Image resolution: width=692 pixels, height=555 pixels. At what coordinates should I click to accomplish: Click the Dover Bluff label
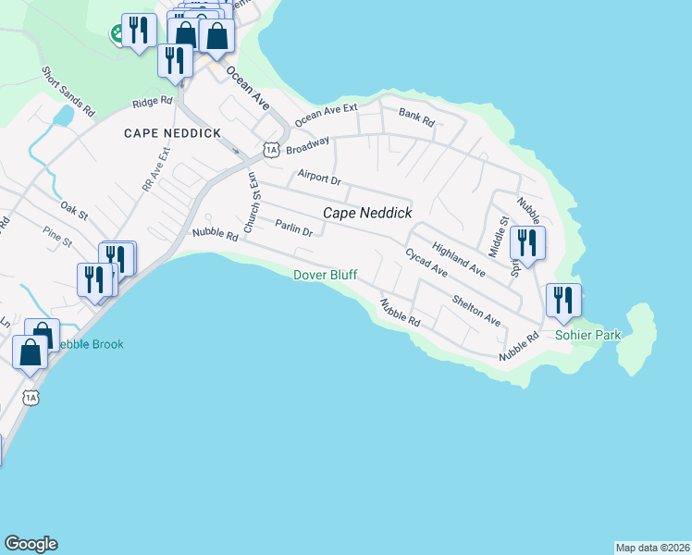point(325,275)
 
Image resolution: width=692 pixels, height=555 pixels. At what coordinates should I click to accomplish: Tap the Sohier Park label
point(588,335)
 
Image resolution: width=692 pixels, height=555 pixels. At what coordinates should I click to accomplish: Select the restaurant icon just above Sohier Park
point(563,301)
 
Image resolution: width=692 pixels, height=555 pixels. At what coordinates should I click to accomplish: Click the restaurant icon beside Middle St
point(527,243)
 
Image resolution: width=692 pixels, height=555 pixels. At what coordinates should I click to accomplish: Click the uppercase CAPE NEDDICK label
point(173,133)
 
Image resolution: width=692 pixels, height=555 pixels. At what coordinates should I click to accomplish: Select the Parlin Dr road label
point(294,228)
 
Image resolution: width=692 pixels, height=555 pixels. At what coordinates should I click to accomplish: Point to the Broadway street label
point(307,147)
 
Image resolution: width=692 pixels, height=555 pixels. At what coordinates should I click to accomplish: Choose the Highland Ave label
point(458,259)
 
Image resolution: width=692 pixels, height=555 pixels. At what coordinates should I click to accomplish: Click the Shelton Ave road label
point(476,310)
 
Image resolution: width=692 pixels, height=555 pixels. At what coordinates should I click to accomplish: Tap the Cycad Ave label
point(426,264)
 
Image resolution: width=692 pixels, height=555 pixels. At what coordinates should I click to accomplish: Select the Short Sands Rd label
point(68,90)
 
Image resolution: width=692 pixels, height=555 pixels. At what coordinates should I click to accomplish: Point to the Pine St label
point(56,241)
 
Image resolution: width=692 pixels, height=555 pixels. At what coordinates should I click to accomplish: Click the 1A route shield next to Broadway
point(270,148)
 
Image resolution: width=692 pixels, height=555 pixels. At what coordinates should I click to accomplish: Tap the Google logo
point(31,544)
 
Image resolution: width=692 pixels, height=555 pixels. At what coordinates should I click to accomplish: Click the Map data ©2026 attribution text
point(652,547)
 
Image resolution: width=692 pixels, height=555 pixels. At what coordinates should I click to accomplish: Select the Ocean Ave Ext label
point(326,116)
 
